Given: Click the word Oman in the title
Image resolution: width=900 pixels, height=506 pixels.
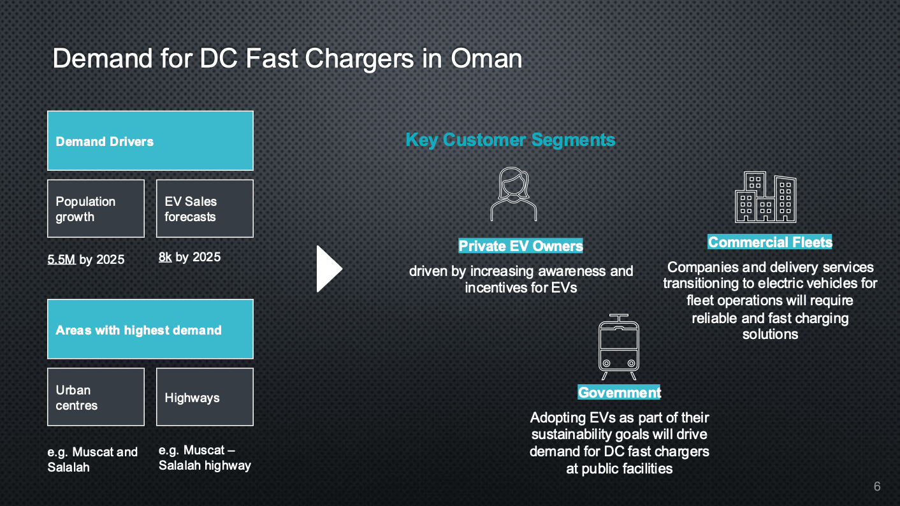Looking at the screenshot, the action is coord(486,59).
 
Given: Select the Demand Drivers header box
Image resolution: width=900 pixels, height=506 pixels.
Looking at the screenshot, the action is coord(150,141).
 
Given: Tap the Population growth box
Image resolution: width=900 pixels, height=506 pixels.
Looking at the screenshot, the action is coord(96,208).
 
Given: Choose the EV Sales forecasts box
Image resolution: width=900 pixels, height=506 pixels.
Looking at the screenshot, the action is coord(205,208).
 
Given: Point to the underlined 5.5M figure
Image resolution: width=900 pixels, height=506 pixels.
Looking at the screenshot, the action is coord(61,259).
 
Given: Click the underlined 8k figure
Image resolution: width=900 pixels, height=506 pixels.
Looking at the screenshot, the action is coord(165,257).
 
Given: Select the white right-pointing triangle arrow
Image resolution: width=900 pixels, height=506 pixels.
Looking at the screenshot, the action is coord(330,269).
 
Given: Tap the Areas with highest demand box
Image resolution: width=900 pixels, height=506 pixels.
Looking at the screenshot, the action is coord(150,329).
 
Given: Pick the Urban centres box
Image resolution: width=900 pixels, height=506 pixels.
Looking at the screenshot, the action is coord(96,397).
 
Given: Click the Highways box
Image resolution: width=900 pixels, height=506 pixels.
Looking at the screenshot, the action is coord(205,397).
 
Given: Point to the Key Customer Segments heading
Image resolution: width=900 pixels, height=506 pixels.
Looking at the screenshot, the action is coord(511,140).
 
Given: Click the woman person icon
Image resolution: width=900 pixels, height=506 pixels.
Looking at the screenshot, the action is coord(514,194).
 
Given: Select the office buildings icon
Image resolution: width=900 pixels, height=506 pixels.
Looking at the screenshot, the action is coord(766,197).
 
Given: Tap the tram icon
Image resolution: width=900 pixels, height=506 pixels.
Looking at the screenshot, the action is coord(619,347).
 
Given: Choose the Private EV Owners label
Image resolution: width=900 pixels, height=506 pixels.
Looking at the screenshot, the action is coord(521,246).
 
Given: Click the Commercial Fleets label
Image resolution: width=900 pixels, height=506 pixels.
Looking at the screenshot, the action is coord(770,242).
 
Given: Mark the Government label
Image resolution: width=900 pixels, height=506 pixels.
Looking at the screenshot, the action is coord(619,393).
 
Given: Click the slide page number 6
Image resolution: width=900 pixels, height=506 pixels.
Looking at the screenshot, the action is coord(877,486).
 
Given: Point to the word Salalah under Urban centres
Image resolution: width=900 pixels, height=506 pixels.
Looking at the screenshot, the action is coord(68,468).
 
